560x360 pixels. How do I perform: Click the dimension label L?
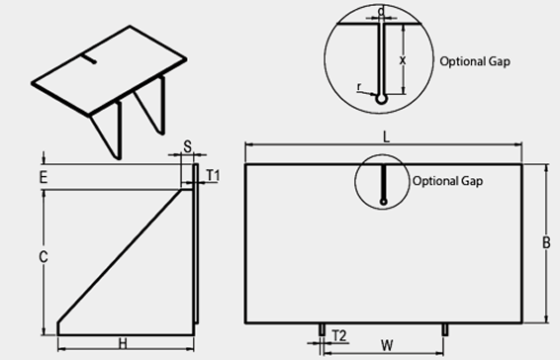click(x=386, y=136)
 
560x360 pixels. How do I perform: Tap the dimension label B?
click(x=546, y=243)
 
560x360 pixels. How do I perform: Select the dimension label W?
click(x=387, y=345)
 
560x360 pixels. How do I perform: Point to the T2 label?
click(x=339, y=336)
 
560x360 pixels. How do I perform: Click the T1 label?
click(x=214, y=175)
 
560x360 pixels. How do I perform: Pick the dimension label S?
click(x=188, y=146)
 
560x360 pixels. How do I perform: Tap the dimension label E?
click(x=44, y=177)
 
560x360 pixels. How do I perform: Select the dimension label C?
click(x=44, y=257)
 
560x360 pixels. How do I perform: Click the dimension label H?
click(x=123, y=344)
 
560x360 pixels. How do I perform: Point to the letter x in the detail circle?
click(x=403, y=60)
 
